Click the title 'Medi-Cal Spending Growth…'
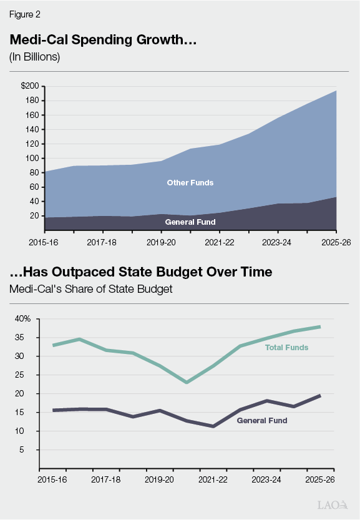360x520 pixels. (103, 39)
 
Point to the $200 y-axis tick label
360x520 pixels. (29, 86)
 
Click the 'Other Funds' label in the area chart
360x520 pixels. (190, 183)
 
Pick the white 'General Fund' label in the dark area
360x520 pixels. (190, 222)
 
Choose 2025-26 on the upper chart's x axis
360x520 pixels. (334, 240)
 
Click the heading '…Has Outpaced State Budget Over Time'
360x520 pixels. (140, 272)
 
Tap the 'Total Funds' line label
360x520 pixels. (286, 347)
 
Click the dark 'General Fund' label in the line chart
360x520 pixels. (262, 421)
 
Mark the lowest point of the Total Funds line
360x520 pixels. (187, 382)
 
